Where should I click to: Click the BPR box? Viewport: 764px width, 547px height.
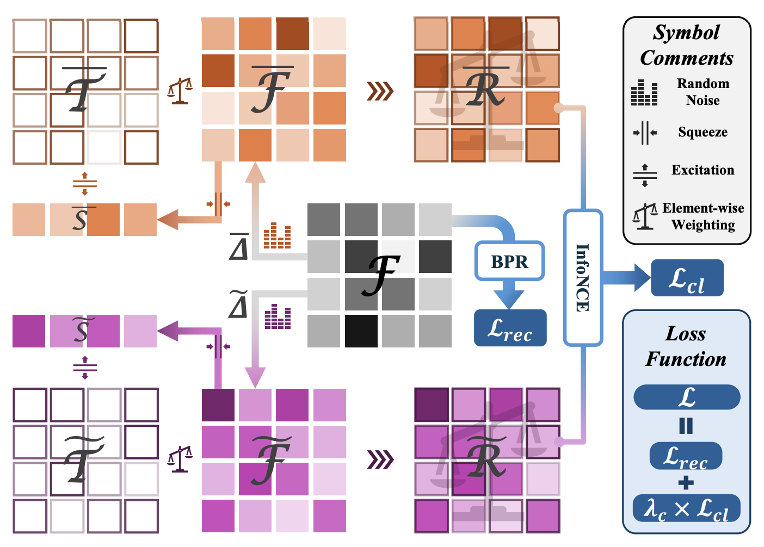509,262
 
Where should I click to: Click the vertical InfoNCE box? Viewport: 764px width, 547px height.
583,277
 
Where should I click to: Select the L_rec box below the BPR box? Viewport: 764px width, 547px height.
510,328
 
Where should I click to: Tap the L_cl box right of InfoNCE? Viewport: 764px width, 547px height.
687,278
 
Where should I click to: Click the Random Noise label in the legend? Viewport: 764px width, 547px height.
703,92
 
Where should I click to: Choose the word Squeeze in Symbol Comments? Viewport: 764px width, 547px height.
703,132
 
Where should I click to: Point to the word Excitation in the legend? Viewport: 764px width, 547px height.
703,170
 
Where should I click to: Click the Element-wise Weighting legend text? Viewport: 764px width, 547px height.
703,216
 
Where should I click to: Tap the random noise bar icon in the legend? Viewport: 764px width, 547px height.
644,92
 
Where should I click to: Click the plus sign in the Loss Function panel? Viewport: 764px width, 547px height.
686,482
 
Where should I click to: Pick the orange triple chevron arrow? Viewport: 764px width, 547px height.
380,91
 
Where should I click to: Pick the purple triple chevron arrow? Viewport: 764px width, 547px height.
380,460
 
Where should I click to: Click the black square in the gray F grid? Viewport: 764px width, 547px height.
361,331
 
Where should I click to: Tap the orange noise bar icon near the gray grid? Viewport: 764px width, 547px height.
277,235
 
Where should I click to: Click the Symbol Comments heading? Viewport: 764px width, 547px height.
687,45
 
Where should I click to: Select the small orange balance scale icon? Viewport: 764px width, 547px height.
180,90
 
